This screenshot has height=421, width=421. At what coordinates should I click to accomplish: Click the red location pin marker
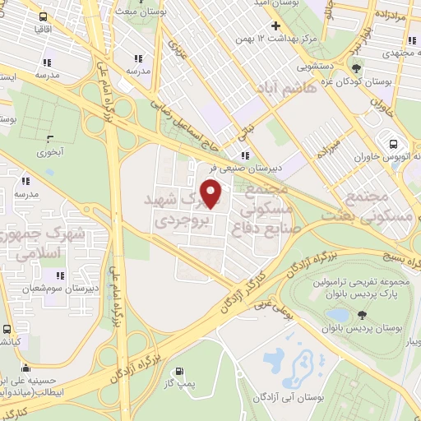click(x=212, y=194)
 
